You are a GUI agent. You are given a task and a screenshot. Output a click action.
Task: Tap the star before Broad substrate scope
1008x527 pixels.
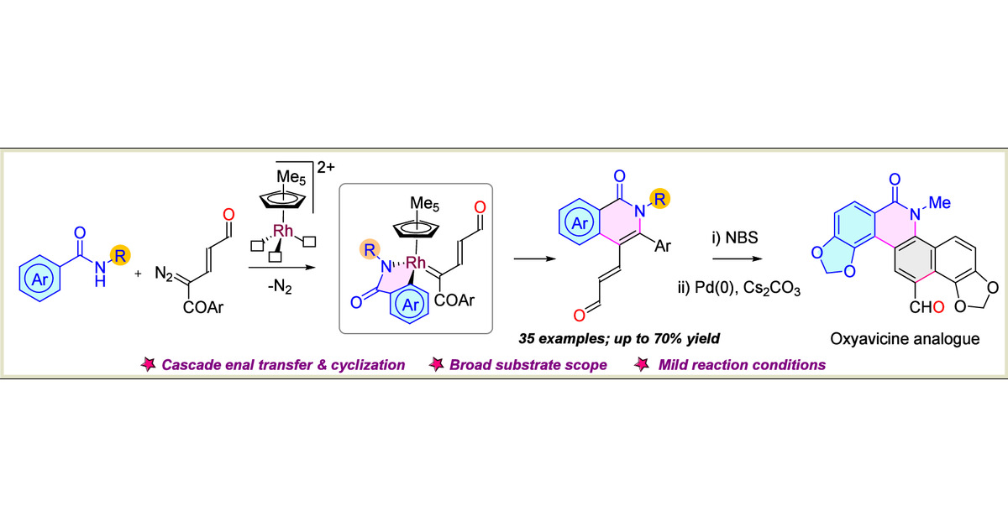438,365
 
